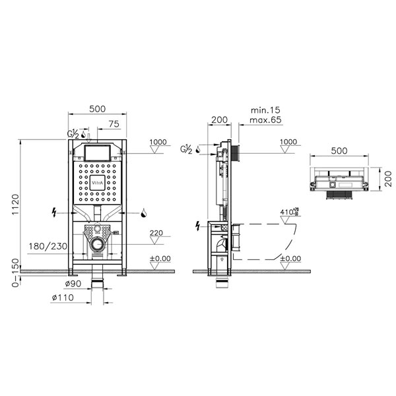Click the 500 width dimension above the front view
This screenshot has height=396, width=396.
coord(98,110)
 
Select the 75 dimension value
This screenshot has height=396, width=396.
coord(114,123)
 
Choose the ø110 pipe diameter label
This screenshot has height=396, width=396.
coord(63,298)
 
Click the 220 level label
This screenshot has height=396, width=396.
coord(157,233)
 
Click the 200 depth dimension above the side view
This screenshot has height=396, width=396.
coord(219,121)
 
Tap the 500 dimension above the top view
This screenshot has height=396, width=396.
coord(339,150)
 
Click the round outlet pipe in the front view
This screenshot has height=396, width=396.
coord(98,246)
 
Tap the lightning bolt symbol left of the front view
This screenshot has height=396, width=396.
coord(55,213)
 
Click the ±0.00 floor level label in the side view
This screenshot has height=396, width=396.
coord(290,259)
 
